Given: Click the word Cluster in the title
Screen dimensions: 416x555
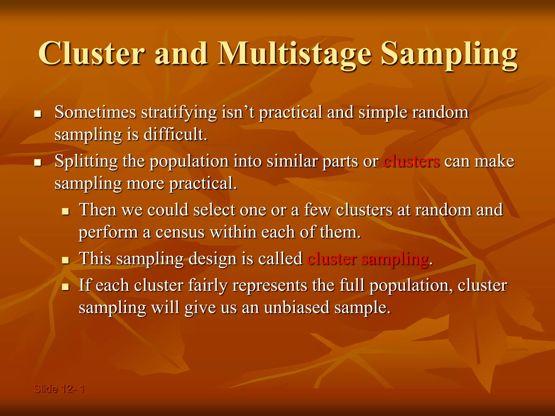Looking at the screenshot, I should [92, 54].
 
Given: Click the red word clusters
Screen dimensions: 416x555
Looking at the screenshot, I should [411, 161].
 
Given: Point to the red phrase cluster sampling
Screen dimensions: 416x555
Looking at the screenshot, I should [368, 259].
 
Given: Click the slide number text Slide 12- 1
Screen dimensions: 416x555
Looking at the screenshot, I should [59, 389].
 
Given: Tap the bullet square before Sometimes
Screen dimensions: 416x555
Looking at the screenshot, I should [37, 114].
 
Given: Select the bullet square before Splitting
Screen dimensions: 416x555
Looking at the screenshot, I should [37, 163].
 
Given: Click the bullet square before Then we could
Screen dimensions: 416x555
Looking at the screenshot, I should [65, 212].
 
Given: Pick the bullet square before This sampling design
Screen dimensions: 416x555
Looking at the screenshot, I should [65, 260].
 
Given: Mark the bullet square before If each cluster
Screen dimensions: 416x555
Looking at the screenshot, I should [65, 287].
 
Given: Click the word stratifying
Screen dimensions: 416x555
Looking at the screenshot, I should [179, 113].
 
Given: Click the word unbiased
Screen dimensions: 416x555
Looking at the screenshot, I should [296, 308].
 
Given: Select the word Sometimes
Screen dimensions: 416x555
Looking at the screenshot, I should [95, 112].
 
